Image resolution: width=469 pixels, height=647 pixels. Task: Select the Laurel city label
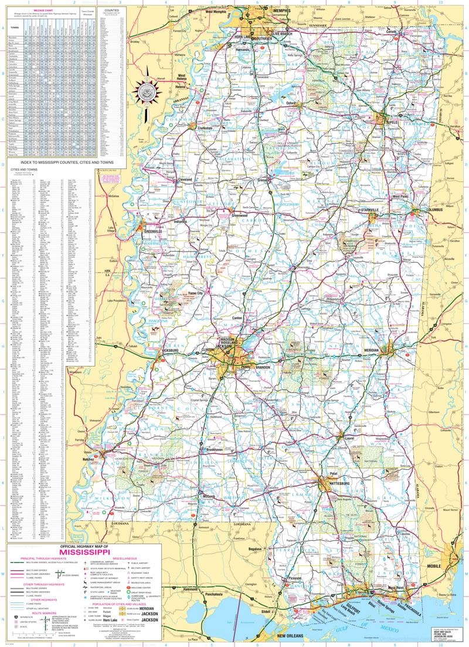tap(351, 438)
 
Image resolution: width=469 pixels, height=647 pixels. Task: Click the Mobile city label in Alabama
tap(451, 566)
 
